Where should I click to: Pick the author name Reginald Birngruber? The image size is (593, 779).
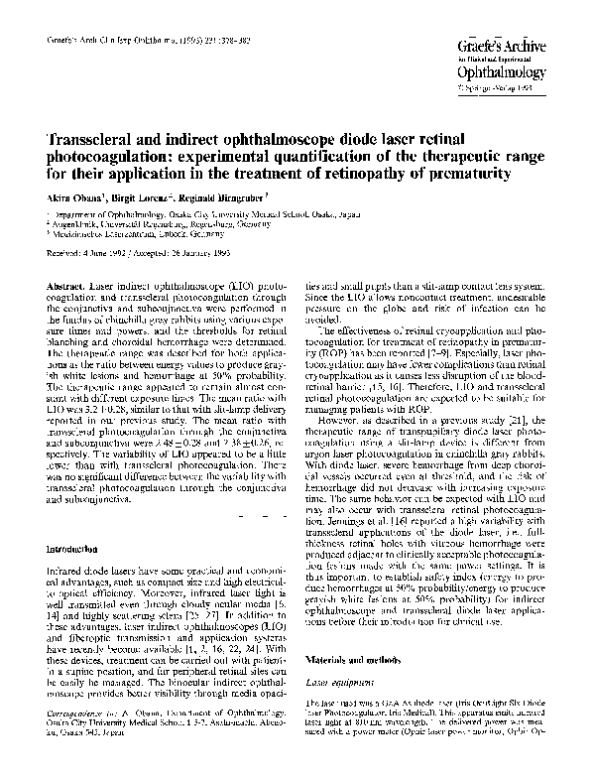point(235,199)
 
